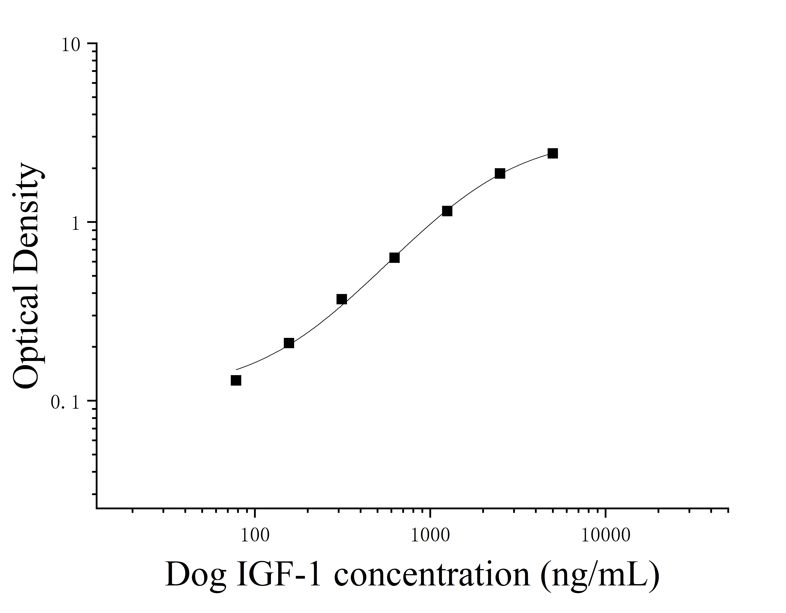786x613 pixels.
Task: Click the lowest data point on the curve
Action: pos(236,380)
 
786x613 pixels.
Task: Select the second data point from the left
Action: pos(289,343)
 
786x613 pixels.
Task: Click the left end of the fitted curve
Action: pos(236,369)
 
